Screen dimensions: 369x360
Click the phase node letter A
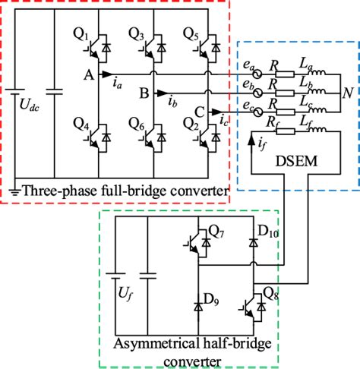tap(88, 74)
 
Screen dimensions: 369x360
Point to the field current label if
tap(263, 140)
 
